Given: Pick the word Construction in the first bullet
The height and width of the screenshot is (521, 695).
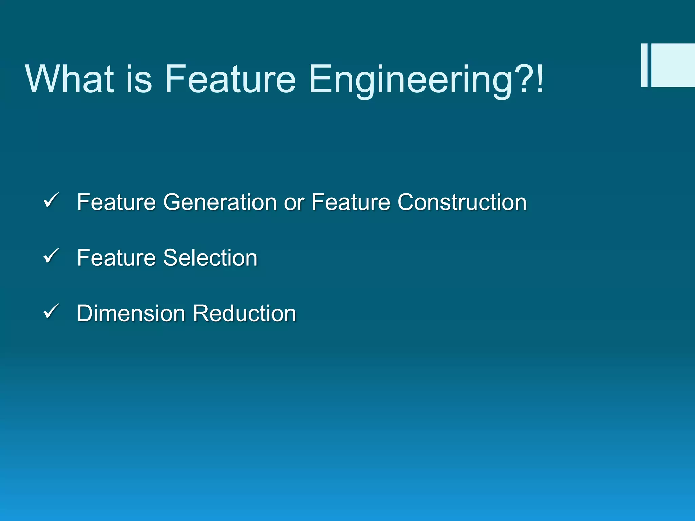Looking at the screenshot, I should tap(462, 202).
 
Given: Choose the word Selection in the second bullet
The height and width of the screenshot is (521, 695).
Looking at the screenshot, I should tap(210, 258).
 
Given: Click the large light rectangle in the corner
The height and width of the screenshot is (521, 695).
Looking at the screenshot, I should tap(673, 65).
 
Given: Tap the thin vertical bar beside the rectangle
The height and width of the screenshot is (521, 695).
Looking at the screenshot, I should tap(644, 65).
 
